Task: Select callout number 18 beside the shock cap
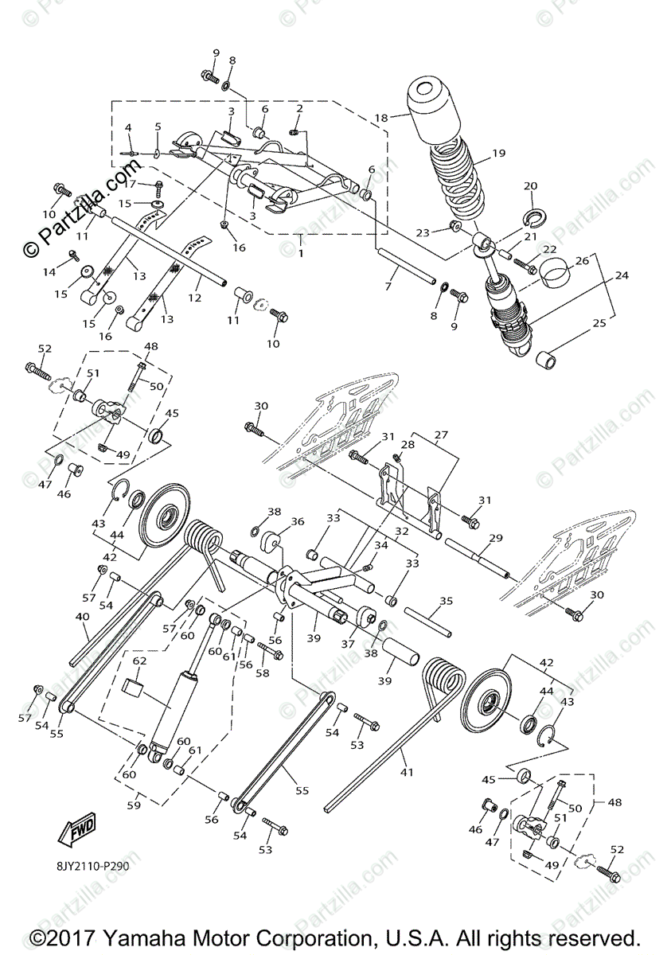coord(381,119)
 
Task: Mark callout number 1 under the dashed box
coord(299,240)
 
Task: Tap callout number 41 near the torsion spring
coord(408,772)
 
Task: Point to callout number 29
coord(495,539)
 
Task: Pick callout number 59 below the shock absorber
coord(133,805)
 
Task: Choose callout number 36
coord(297,522)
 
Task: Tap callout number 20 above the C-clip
coord(530,186)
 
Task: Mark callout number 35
coord(446,601)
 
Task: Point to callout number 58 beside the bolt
coord(263,672)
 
